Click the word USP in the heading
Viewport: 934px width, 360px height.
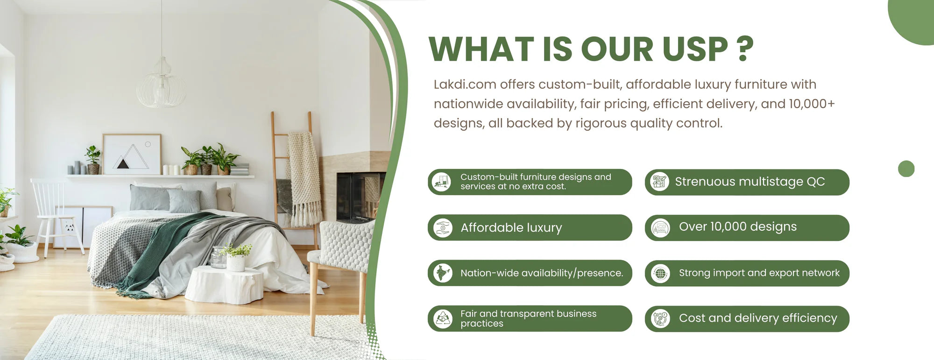tap(695, 49)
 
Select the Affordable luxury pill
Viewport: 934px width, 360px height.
tap(530, 227)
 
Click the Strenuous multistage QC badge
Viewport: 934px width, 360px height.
tap(747, 182)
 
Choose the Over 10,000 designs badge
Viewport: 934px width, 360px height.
tap(747, 227)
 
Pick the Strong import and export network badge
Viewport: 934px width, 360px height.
tap(747, 273)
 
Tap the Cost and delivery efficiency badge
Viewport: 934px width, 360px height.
tap(747, 318)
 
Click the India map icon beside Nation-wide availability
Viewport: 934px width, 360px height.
tap(442, 273)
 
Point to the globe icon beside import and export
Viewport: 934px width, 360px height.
tap(660, 273)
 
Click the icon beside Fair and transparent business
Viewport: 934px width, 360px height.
tap(442, 318)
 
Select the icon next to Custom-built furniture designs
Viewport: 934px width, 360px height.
tap(441, 182)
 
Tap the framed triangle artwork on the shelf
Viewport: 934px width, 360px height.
tap(132, 154)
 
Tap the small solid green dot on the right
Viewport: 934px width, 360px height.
tap(906, 169)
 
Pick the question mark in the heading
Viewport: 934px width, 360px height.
tap(744, 49)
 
